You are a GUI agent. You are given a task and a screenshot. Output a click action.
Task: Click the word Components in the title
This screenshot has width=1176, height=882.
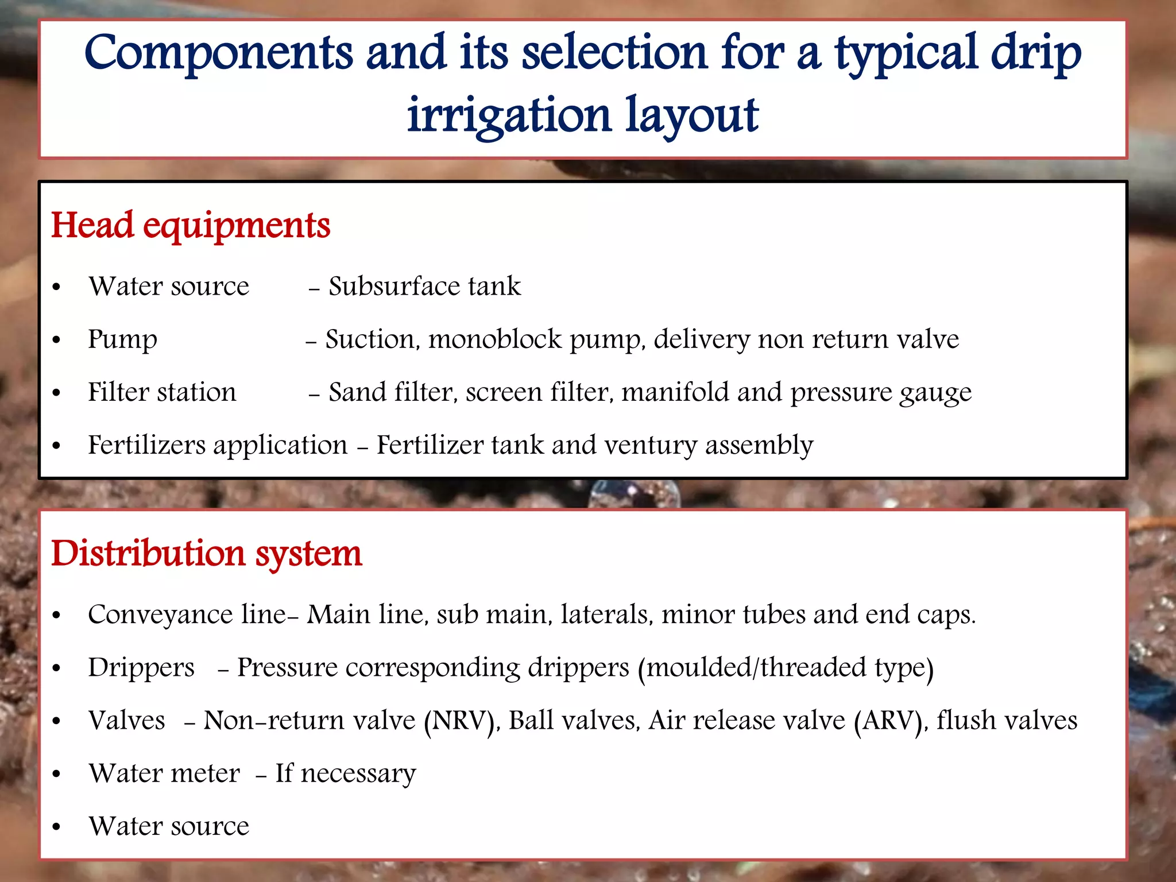218,55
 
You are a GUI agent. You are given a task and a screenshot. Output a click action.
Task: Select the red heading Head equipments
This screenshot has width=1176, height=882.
191,225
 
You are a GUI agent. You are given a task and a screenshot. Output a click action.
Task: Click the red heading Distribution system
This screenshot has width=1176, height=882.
207,554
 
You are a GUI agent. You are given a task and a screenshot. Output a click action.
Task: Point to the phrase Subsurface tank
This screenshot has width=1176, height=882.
424,287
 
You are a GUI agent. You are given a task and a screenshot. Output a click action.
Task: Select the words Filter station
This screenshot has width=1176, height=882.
162,392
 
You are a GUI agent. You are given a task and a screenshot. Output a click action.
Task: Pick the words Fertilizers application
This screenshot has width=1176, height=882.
218,446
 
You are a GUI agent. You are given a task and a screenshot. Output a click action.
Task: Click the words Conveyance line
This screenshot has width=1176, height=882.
187,615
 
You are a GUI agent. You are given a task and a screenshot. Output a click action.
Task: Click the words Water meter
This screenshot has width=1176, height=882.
164,773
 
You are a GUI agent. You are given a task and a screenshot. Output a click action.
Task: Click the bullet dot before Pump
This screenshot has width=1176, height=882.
56,341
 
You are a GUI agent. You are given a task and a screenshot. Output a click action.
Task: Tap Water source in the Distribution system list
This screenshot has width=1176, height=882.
169,826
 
